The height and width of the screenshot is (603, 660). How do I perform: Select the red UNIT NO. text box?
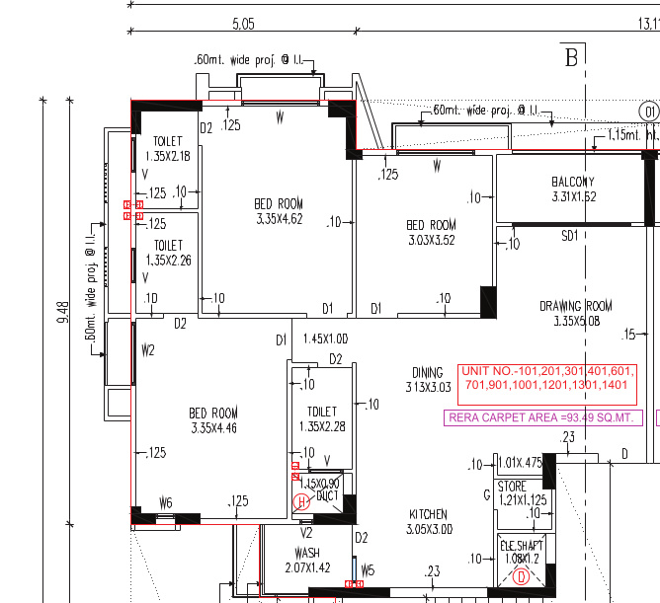pos(546,377)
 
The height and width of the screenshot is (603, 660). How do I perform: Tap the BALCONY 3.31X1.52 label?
pos(573,189)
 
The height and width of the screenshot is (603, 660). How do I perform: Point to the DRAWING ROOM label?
pos(575,313)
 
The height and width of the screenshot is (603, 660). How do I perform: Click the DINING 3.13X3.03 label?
pos(428,380)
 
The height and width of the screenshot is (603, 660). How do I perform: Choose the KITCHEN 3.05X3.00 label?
pos(428,522)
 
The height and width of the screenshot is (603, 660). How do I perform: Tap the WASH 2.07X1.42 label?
pos(307,561)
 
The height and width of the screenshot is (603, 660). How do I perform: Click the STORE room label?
pos(512,493)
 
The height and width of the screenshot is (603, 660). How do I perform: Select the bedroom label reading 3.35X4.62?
pos(278,211)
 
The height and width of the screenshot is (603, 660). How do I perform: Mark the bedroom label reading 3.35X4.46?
pos(214,420)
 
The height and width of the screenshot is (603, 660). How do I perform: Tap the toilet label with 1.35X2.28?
pos(322,419)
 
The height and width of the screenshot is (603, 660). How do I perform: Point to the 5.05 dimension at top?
pos(243,22)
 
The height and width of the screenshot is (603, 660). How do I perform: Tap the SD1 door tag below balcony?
pos(569,236)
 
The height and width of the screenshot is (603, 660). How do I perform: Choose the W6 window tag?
pos(166,503)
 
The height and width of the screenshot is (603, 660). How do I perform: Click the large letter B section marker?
pos(570,57)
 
